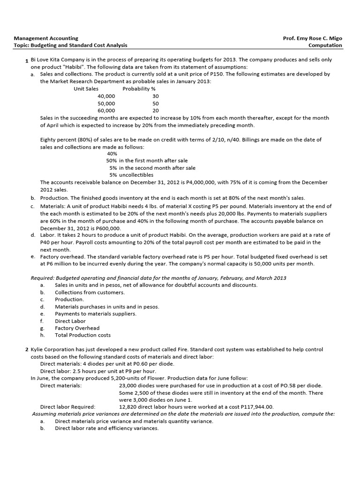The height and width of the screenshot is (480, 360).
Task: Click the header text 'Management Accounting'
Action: point(46,38)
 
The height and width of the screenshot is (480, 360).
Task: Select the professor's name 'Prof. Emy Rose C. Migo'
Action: point(313,38)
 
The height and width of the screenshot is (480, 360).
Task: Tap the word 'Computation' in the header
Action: point(325,45)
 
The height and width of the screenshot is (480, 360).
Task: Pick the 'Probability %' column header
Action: point(139,89)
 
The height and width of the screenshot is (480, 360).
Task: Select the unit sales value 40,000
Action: point(106,96)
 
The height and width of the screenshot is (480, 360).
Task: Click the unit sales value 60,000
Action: point(106,111)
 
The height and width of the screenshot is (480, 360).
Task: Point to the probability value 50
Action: point(156,103)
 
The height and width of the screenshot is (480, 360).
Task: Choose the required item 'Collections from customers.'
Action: point(90,292)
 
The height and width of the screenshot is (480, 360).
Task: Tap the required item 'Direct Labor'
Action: point(70,321)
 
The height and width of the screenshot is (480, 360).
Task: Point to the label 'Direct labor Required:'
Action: point(67,407)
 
